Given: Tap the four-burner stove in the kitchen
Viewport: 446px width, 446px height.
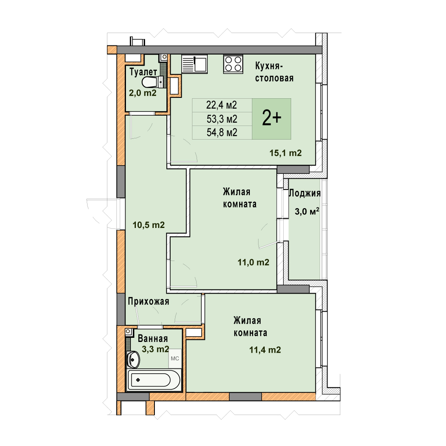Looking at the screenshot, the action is click(x=233, y=64).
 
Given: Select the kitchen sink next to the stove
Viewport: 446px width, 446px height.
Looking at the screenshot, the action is click(x=194, y=64).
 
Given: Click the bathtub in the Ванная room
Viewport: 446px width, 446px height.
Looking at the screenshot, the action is click(x=153, y=380).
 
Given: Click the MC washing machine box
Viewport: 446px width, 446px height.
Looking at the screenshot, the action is click(x=175, y=358).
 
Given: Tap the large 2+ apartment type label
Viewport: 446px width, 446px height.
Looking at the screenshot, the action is click(x=272, y=119).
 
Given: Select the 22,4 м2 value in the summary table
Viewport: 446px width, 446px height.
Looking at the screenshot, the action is click(x=222, y=105).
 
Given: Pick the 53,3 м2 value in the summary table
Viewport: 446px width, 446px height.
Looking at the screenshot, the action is click(x=222, y=119).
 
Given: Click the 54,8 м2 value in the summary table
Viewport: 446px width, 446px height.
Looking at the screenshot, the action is click(x=222, y=133).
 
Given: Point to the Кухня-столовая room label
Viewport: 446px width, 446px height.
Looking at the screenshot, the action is click(x=274, y=72).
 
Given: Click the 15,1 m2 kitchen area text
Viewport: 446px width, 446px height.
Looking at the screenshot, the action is click(x=286, y=153).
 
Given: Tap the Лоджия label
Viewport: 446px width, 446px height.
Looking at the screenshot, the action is click(x=305, y=193).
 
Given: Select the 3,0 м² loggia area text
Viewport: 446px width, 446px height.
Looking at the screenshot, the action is click(x=307, y=211).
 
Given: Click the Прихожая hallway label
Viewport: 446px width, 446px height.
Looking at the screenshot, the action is click(x=149, y=301).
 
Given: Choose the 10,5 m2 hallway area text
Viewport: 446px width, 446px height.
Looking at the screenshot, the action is click(x=149, y=225).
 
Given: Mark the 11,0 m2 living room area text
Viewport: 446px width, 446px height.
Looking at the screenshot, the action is click(x=254, y=262).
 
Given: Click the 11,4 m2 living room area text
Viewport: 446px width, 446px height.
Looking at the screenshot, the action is click(x=265, y=350).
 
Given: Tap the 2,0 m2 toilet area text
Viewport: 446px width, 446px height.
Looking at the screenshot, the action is click(x=143, y=93).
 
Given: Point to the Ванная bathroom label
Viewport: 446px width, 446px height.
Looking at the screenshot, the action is click(x=153, y=339).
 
